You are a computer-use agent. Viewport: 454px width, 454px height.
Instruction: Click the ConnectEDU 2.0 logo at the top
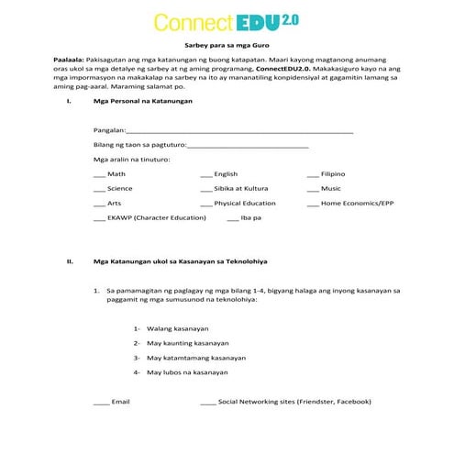[227, 22]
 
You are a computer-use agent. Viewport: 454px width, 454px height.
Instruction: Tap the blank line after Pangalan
[238, 133]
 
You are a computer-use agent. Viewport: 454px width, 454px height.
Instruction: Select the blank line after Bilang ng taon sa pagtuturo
[248, 146]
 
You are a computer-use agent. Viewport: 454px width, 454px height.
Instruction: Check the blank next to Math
[99, 175]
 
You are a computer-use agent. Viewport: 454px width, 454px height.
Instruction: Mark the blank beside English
[205, 175]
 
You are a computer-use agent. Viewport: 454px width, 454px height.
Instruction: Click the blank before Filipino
[313, 175]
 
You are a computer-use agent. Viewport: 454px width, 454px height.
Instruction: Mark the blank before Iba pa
[232, 219]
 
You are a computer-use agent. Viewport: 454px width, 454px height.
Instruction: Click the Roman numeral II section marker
[70, 262]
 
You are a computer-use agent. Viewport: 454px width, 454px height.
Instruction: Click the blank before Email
[101, 403]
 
